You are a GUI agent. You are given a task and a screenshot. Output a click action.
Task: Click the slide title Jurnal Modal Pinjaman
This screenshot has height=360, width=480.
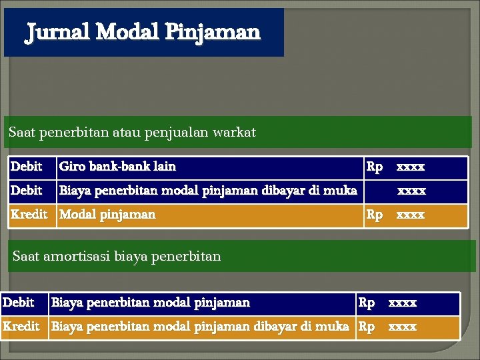(143, 32)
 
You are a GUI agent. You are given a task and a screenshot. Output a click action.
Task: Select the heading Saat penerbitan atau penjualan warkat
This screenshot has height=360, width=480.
(132, 132)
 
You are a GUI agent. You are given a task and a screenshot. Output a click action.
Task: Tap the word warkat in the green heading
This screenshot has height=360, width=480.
(233, 132)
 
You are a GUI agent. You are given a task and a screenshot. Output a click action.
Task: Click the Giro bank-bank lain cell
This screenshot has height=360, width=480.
(117, 166)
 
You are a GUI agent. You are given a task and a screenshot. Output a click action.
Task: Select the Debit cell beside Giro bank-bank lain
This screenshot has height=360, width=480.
(27, 166)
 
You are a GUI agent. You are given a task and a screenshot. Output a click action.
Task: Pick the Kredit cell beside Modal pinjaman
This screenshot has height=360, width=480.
(29, 215)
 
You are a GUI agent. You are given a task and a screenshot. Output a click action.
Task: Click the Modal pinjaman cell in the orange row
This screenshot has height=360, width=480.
(107, 215)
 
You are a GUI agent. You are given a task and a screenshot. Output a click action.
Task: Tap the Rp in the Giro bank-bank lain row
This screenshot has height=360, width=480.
(375, 166)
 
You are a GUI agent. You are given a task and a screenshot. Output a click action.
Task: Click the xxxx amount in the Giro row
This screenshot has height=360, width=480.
(411, 166)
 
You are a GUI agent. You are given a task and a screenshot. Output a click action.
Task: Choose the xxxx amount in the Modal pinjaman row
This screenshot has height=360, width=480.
(411, 215)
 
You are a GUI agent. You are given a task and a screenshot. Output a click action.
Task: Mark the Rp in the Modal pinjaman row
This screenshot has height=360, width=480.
(375, 215)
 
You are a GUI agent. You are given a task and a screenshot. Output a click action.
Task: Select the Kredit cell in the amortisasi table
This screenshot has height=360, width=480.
(21, 327)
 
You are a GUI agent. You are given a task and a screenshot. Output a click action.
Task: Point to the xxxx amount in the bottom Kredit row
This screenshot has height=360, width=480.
(403, 327)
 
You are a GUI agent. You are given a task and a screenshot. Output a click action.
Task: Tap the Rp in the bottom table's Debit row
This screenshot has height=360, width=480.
(367, 303)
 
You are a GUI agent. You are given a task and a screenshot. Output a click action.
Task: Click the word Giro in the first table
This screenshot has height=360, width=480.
(73, 166)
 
